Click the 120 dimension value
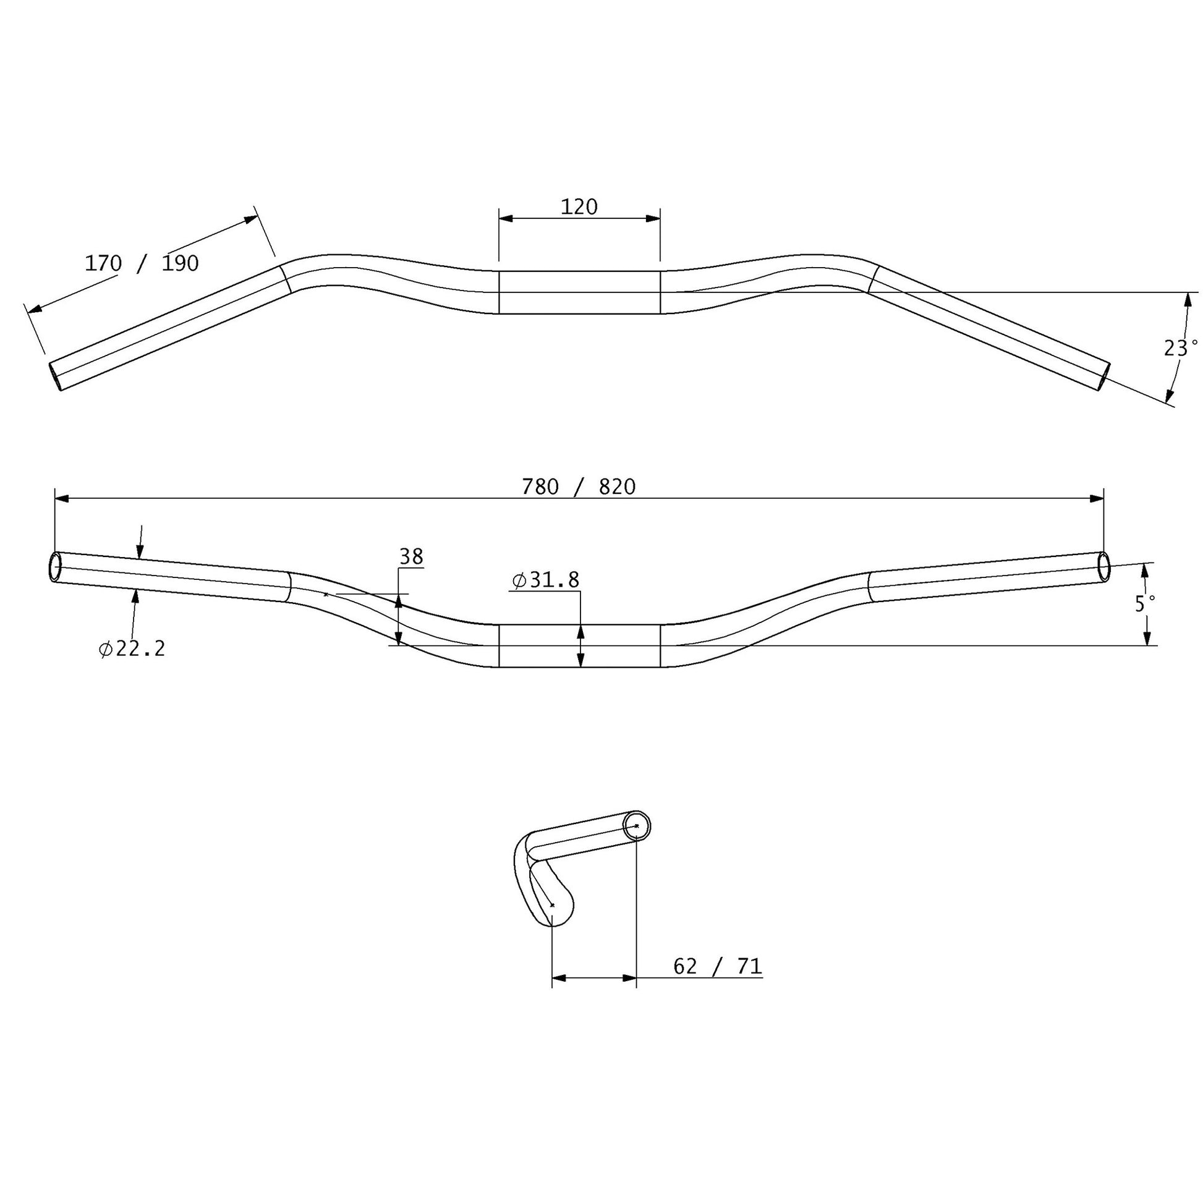(579, 206)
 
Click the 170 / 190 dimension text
(142, 263)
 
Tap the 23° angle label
(1180, 348)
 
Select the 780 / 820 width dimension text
(579, 487)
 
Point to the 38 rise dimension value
(411, 556)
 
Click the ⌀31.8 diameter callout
(545, 580)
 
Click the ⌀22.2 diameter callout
(132, 649)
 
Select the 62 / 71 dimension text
(717, 966)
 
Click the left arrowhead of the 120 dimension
(506, 219)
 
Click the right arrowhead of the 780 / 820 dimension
(1097, 498)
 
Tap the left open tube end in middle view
(55, 567)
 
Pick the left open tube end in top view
(56, 376)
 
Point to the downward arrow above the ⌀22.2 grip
(140, 550)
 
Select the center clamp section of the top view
(579, 292)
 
